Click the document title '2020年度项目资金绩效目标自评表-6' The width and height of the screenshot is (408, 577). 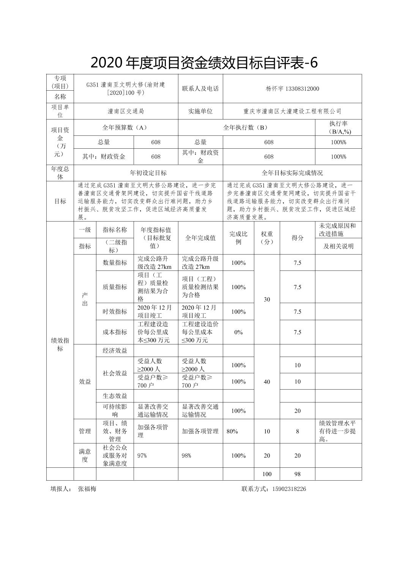pyautogui.click(x=204, y=63)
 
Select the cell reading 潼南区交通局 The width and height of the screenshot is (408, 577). pyautogui.click(x=126, y=112)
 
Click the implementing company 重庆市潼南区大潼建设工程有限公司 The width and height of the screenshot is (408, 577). pyautogui.click(x=292, y=112)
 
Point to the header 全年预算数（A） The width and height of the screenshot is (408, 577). pyautogui.click(x=126, y=127)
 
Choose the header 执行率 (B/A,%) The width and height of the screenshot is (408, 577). pyautogui.click(x=338, y=127)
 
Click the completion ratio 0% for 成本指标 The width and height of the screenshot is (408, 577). pyautogui.click(x=238, y=332)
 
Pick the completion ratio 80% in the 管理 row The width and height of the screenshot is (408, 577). pyautogui.click(x=232, y=431)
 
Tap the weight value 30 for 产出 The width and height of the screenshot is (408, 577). pyautogui.click(x=267, y=299)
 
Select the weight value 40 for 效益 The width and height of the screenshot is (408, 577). pyautogui.click(x=267, y=382)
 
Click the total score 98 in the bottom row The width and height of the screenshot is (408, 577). pyautogui.click(x=297, y=474)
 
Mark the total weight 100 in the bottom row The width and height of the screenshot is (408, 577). pyautogui.click(x=267, y=474)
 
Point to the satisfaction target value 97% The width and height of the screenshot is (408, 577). pyautogui.click(x=142, y=456)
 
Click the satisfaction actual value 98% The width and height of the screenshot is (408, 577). pyautogui.click(x=186, y=456)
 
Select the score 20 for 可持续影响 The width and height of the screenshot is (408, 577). pyautogui.click(x=297, y=411)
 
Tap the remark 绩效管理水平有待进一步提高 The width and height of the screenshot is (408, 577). pyautogui.click(x=337, y=431)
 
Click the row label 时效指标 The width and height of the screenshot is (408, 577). pyautogui.click(x=115, y=312)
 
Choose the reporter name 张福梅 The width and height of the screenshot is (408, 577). pyautogui.click(x=87, y=489)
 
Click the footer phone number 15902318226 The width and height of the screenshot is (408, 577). pyautogui.click(x=289, y=489)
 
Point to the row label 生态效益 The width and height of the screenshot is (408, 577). pyautogui.click(x=115, y=396)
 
